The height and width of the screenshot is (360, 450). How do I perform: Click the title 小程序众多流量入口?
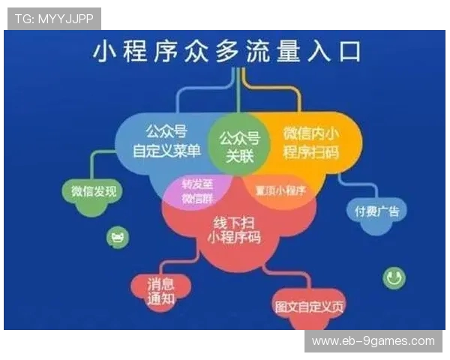[x=225, y=52]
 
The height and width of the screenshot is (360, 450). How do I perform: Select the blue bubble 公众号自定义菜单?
[x=166, y=142]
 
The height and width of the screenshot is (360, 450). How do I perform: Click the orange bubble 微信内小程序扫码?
[x=311, y=142]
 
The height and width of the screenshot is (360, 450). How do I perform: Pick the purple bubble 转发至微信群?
[x=196, y=191]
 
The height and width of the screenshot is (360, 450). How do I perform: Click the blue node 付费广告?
[x=376, y=211]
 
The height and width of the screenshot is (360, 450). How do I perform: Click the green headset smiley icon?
[x=394, y=278]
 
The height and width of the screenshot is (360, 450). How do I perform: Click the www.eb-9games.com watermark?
[x=373, y=341]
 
